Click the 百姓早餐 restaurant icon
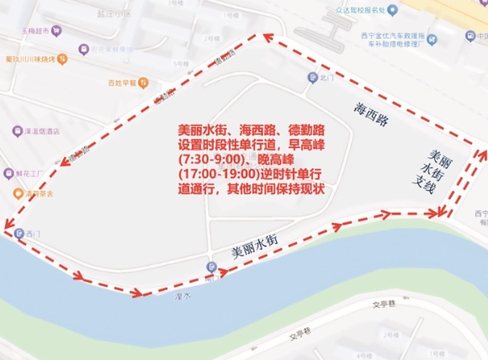pyautogui.click(x=144, y=82)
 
